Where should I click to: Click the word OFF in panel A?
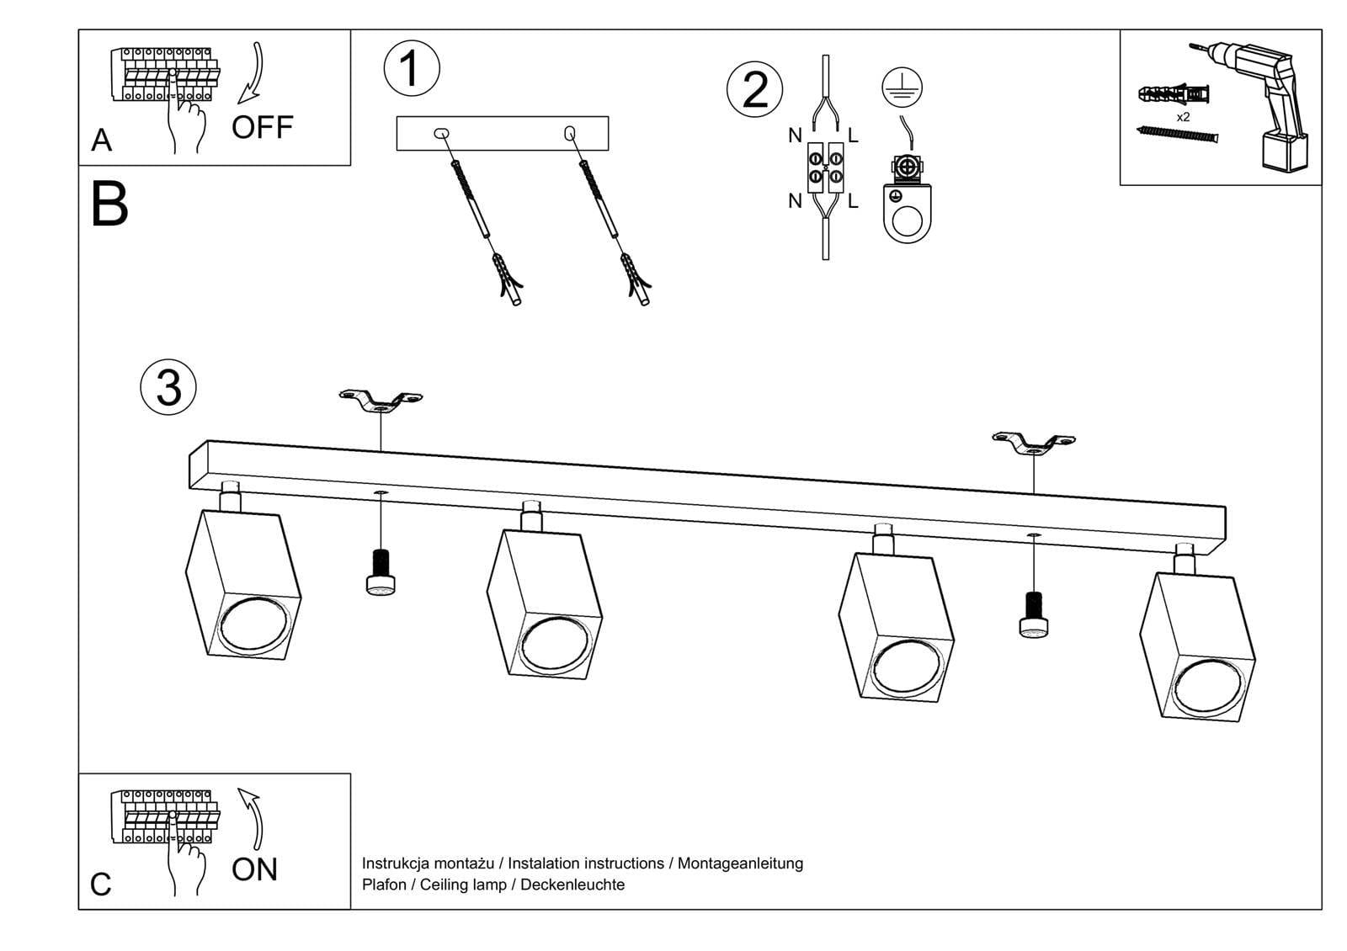tap(262, 128)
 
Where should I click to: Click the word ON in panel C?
tap(254, 869)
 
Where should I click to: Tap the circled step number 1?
tap(411, 68)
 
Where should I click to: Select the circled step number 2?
tap(754, 89)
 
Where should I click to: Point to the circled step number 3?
tap(168, 388)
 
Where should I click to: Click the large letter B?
tap(109, 205)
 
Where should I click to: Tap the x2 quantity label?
tap(1183, 117)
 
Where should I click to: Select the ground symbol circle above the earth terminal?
tap(902, 87)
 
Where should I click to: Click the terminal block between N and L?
tap(825, 169)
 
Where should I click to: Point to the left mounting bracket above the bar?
tap(381, 401)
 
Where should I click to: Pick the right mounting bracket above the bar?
tap(1034, 444)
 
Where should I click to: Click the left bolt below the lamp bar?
tap(381, 571)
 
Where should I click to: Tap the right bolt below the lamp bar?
tap(1034, 615)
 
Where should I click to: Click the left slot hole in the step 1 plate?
tap(441, 133)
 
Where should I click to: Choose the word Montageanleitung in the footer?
tap(740, 863)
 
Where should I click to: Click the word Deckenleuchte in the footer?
tap(572, 885)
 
